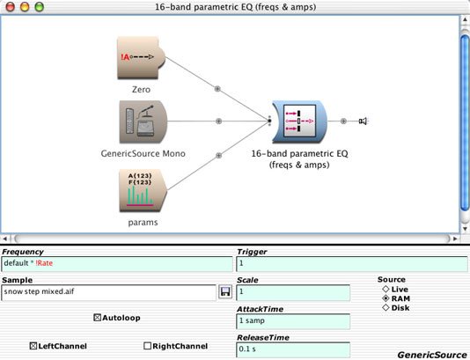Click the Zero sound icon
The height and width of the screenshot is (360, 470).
click(x=141, y=57)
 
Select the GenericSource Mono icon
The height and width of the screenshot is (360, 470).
click(x=143, y=122)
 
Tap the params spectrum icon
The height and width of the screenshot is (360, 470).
click(x=143, y=191)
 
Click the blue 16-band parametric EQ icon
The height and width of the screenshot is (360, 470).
click(x=300, y=121)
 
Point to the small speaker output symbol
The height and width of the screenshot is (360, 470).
click(x=363, y=121)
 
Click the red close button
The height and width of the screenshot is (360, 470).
click(x=11, y=6)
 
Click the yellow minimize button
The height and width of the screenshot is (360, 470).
click(x=25, y=6)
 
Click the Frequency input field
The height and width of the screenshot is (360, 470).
click(x=117, y=264)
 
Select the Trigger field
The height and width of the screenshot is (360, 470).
click(x=352, y=264)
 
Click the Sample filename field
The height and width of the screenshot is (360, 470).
click(x=108, y=292)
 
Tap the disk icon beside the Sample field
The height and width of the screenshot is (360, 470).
click(x=225, y=291)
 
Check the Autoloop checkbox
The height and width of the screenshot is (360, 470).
click(x=97, y=318)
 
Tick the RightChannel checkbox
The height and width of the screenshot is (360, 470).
click(x=147, y=346)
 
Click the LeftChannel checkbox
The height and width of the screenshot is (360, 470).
click(x=33, y=346)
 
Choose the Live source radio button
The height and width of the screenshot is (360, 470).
click(x=386, y=290)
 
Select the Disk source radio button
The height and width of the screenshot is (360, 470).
click(x=386, y=307)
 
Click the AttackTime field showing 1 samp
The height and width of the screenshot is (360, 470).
click(x=293, y=321)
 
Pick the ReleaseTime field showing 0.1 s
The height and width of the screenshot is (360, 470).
click(x=293, y=349)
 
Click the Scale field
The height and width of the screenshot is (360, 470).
click(x=293, y=292)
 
